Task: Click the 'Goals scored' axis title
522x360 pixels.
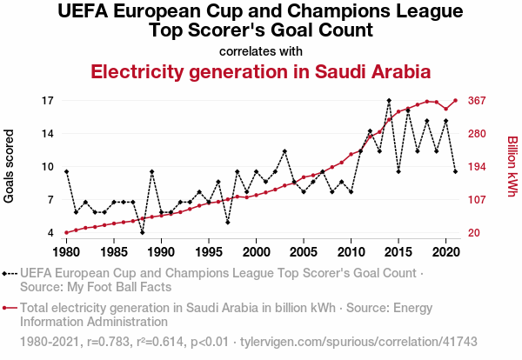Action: pyautogui.click(x=10, y=167)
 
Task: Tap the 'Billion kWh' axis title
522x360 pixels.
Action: pyautogui.click(x=512, y=167)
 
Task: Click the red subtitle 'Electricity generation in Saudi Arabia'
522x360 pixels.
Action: pyautogui.click(x=261, y=71)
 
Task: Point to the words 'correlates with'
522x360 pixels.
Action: pyautogui.click(x=261, y=50)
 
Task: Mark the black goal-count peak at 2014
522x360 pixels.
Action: pyautogui.click(x=389, y=101)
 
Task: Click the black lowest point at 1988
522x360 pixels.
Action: pyautogui.click(x=142, y=232)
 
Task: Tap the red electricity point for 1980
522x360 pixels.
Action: pyautogui.click(x=66, y=232)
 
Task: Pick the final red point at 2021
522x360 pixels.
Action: pyautogui.click(x=455, y=101)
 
